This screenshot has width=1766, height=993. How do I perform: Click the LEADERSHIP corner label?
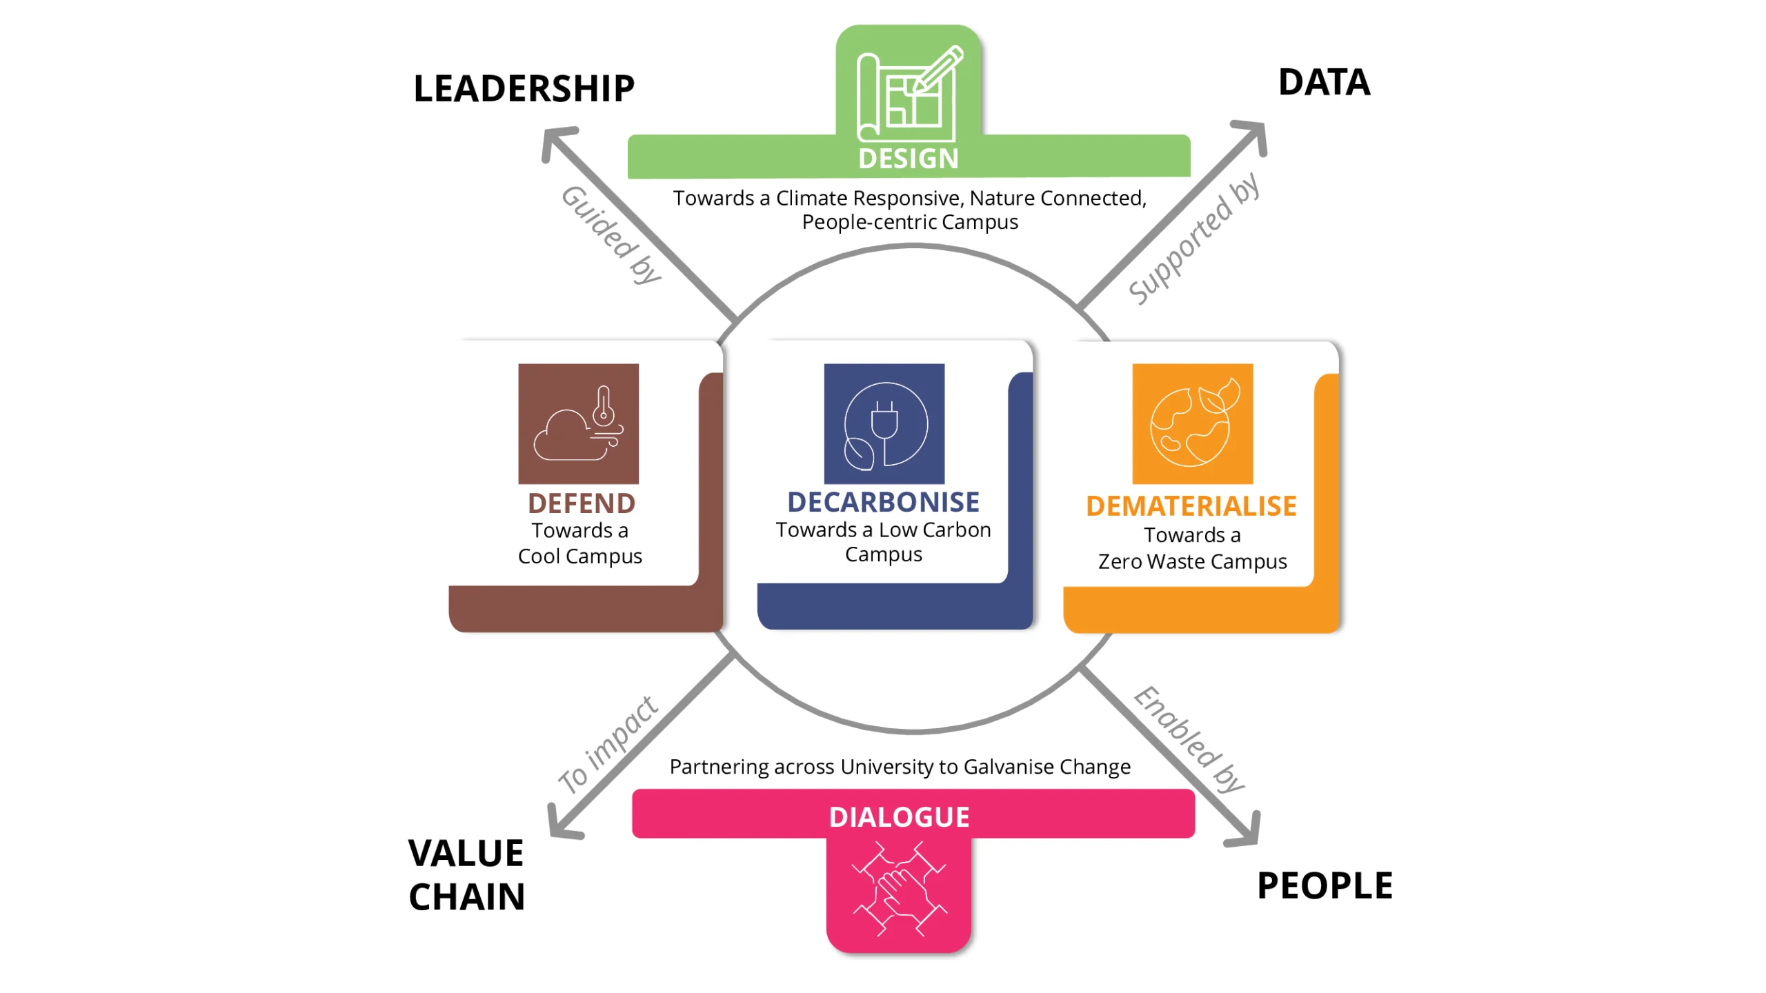[x=524, y=88]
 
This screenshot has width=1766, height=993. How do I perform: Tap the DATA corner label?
[x=1324, y=82]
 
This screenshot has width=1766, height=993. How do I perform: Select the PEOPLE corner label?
[x=1324, y=885]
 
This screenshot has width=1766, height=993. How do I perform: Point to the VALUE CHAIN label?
[x=467, y=875]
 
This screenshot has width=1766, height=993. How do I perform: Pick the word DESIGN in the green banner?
[x=909, y=159]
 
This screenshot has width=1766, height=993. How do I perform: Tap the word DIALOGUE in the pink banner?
[x=900, y=817]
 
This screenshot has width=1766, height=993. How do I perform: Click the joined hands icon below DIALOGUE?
[x=900, y=888]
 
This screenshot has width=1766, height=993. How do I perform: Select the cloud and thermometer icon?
[x=578, y=423]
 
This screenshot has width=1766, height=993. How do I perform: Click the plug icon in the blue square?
[x=884, y=423]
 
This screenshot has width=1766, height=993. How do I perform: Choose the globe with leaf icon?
[x=1192, y=423]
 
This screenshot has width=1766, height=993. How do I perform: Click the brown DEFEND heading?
[x=582, y=503]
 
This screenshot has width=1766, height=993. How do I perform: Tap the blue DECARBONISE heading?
[x=884, y=502]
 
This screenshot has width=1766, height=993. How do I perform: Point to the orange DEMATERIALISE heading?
[x=1191, y=506]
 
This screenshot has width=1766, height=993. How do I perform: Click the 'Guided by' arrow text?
[x=611, y=234]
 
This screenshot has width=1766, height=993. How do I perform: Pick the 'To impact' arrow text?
[x=608, y=745]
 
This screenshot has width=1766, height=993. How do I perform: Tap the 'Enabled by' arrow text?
[x=1189, y=739]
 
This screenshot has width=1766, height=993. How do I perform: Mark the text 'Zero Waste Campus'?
[x=1192, y=561]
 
